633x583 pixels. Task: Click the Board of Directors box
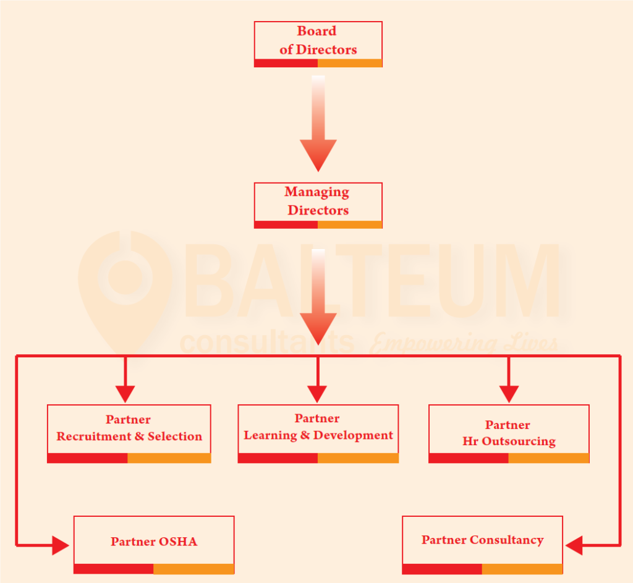[x=318, y=41]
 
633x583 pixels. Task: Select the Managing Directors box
[x=318, y=202]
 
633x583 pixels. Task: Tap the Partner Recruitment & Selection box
[x=129, y=429]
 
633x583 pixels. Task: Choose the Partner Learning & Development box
[x=318, y=428]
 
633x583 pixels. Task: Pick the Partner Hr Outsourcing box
[x=509, y=433]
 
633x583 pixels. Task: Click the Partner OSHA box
[x=154, y=541]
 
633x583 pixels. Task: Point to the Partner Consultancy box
[x=482, y=540]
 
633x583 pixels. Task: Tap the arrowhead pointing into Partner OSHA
[x=61, y=545]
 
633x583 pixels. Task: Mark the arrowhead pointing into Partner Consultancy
[x=574, y=545]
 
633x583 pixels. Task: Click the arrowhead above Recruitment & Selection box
[x=125, y=393]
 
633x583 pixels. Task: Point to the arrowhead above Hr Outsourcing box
[x=509, y=393]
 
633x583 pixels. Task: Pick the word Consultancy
[x=506, y=540]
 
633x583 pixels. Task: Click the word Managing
[x=316, y=192]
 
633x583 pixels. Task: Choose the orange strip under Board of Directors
[x=350, y=63]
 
